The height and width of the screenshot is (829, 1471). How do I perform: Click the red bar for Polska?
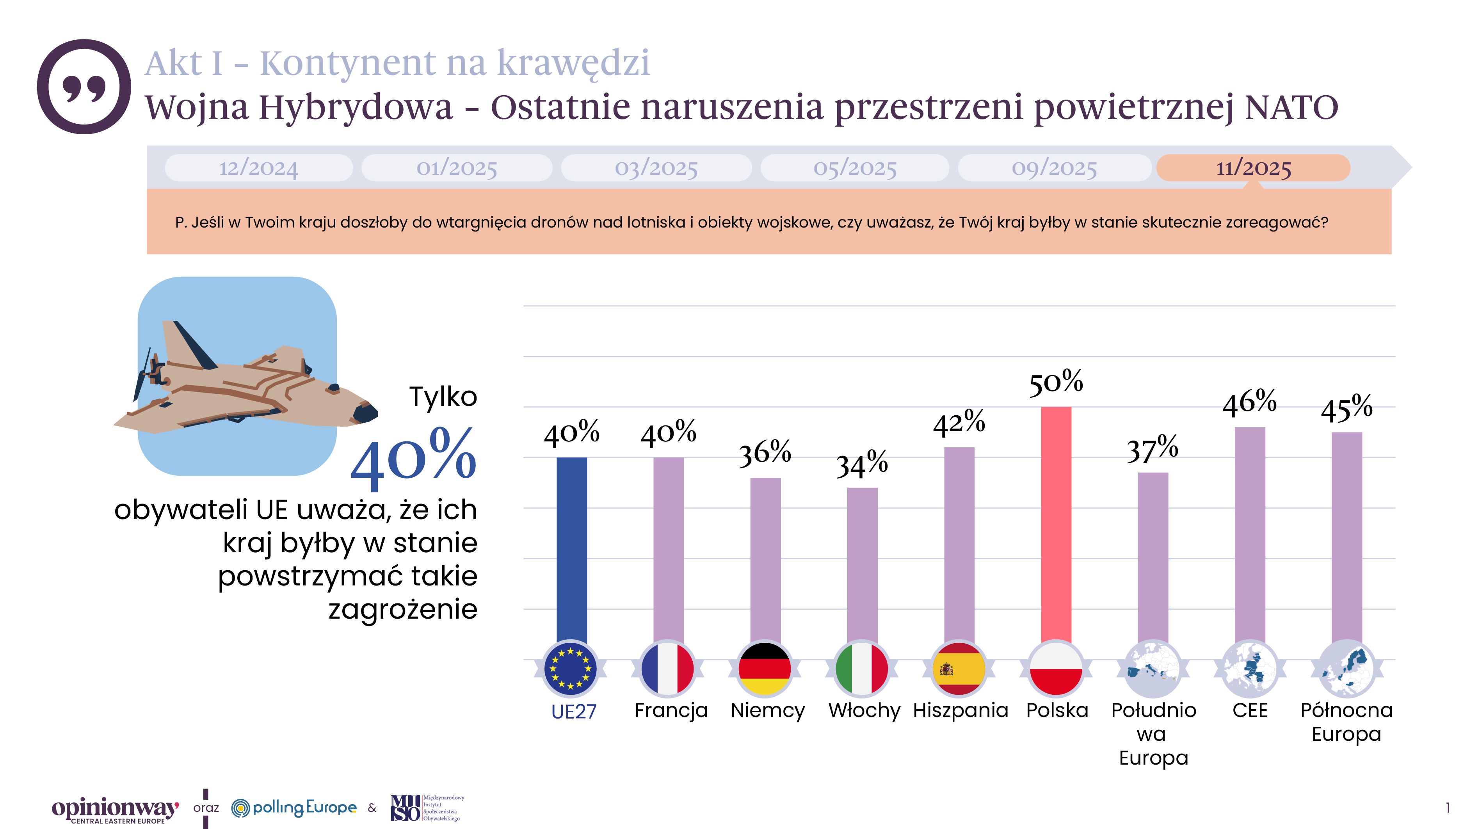1056,525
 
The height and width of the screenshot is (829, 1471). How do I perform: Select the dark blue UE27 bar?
572,548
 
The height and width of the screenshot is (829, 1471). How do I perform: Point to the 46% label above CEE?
1249,402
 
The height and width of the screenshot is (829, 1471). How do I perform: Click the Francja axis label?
671,710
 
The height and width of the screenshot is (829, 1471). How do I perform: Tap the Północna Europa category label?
1346,722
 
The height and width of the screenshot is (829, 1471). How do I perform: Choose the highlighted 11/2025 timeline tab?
1254,168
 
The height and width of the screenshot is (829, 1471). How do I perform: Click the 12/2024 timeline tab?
259,168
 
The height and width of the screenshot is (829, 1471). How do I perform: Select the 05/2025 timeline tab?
855,168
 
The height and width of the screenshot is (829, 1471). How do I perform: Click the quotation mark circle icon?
84,87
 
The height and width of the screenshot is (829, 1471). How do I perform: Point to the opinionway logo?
115,809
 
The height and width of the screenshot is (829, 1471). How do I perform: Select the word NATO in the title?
1291,107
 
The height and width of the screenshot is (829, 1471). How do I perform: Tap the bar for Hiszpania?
959,545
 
